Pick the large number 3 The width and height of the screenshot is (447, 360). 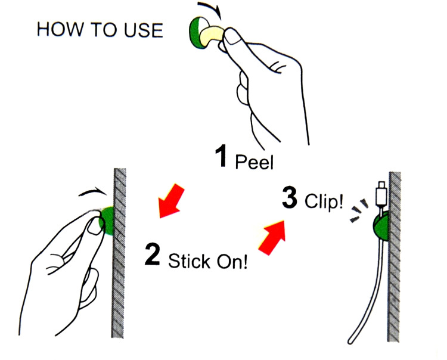290,198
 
